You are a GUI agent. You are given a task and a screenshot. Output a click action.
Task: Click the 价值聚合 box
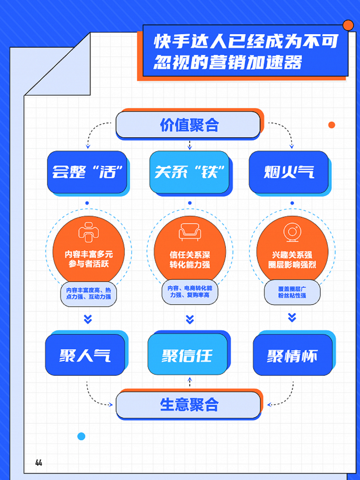tap(188, 125)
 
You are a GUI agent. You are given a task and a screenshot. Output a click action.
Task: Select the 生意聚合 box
tap(188, 405)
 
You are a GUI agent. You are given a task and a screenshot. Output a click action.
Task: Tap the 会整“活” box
tap(87, 172)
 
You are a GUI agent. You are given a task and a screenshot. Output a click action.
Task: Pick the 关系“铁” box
tap(189, 172)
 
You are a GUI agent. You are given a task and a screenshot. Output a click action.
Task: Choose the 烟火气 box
tap(289, 172)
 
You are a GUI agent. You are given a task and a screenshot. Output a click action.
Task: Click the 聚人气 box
tap(85, 355)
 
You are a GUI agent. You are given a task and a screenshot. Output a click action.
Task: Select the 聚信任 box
tap(188, 355)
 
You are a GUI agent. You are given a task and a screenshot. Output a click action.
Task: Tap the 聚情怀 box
tap(292, 355)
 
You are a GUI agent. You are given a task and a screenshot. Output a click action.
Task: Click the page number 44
tap(39, 463)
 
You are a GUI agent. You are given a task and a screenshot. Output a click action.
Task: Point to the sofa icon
tap(190, 232)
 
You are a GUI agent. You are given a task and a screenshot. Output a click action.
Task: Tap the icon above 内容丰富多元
tap(88, 232)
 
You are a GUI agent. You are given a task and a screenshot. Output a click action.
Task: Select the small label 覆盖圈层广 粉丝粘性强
tap(292, 292)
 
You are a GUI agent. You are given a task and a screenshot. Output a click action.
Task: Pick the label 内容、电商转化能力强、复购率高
tap(190, 291)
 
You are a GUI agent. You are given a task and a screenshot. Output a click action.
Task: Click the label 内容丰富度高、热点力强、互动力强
tap(89, 294)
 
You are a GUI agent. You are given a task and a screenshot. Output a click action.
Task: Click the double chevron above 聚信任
tap(190, 319)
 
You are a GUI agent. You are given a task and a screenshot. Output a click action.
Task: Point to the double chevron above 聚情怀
tap(292, 317)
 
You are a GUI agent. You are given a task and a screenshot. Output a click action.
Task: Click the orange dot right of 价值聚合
tap(332, 125)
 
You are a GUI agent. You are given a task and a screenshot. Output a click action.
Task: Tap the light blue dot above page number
tap(81, 436)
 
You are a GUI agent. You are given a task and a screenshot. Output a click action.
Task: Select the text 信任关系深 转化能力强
tap(190, 260)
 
